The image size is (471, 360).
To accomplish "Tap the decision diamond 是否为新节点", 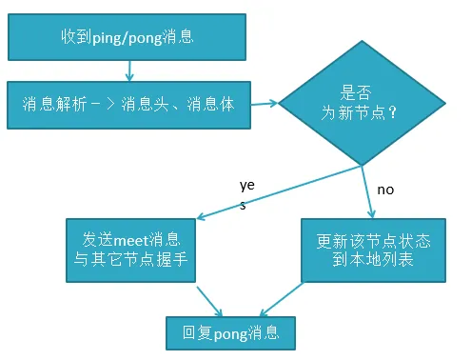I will click(363, 103).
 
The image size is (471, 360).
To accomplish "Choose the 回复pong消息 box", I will click(231, 333).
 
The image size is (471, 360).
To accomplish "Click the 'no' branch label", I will click(385, 190).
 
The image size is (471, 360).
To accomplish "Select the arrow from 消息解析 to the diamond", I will click(267, 102).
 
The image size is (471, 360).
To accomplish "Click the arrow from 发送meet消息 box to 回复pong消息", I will click(208, 298).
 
